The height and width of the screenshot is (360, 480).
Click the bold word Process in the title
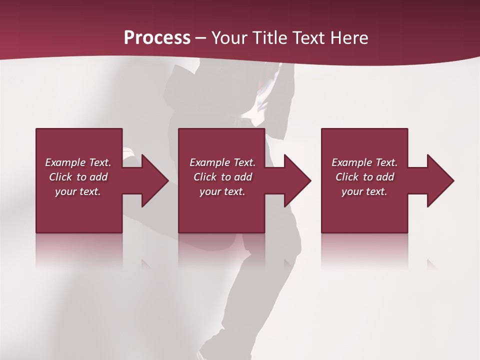coord(157,38)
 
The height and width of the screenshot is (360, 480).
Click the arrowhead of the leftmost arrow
coord(154,180)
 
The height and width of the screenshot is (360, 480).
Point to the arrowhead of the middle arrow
coord(297,180)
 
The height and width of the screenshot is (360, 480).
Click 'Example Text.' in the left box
coord(78,162)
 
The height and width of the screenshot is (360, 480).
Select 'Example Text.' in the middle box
coord(222,162)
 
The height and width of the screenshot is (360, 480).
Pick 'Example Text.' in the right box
coord(364,162)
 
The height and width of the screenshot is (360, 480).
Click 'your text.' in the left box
coord(78,191)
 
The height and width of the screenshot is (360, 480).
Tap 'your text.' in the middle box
coord(222,191)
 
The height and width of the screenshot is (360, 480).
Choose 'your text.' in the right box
coord(364,191)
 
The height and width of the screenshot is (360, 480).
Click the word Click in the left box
coord(61,177)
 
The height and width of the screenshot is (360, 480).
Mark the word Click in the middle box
coord(205,177)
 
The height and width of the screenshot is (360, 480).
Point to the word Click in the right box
coord(347,177)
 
